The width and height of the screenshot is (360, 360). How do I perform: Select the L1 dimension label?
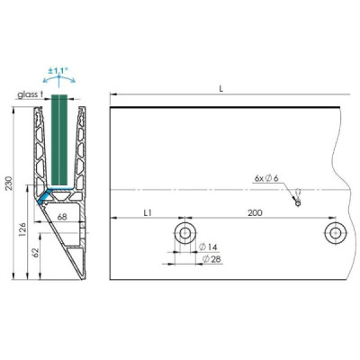pos(146,211)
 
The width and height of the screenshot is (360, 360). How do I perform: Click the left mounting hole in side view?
pos(184,234)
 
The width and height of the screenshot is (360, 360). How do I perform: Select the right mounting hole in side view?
pos(335,234)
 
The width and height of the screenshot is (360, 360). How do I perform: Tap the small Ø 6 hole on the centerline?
pos(297,202)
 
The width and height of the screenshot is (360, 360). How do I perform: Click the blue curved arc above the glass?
pos(60,78)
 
